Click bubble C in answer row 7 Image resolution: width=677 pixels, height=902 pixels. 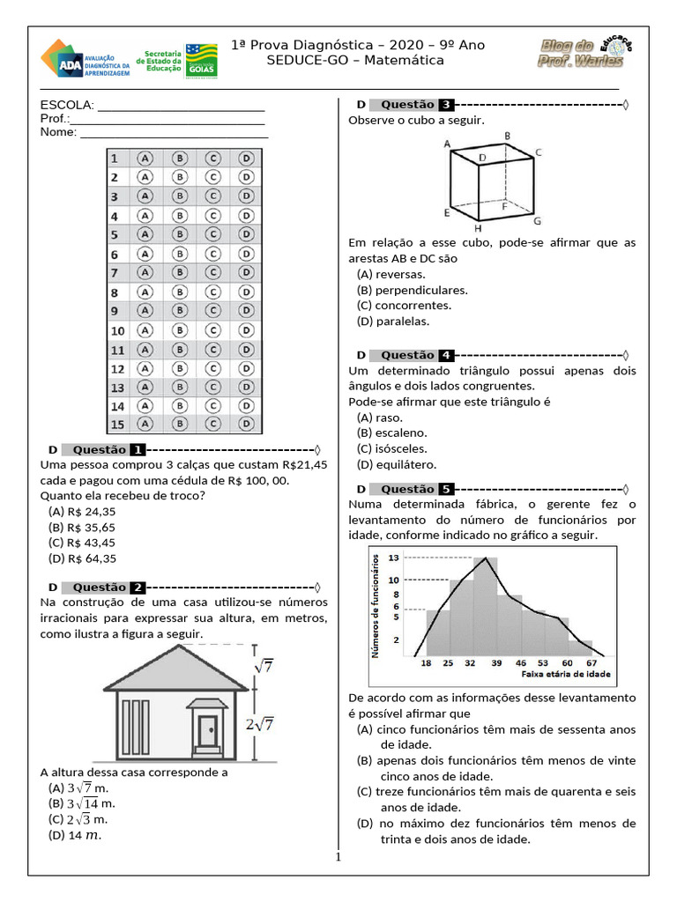(212, 272)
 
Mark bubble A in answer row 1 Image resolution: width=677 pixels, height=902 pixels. (145, 158)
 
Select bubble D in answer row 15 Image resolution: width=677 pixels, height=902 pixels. (247, 425)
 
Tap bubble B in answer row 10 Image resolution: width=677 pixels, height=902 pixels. (179, 330)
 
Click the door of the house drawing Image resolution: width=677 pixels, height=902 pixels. (208, 730)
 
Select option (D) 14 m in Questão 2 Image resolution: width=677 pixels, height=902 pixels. (75, 835)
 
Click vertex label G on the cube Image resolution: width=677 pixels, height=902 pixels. (537, 220)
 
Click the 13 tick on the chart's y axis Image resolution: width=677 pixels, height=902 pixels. (393, 558)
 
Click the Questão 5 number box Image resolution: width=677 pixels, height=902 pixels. (447, 489)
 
